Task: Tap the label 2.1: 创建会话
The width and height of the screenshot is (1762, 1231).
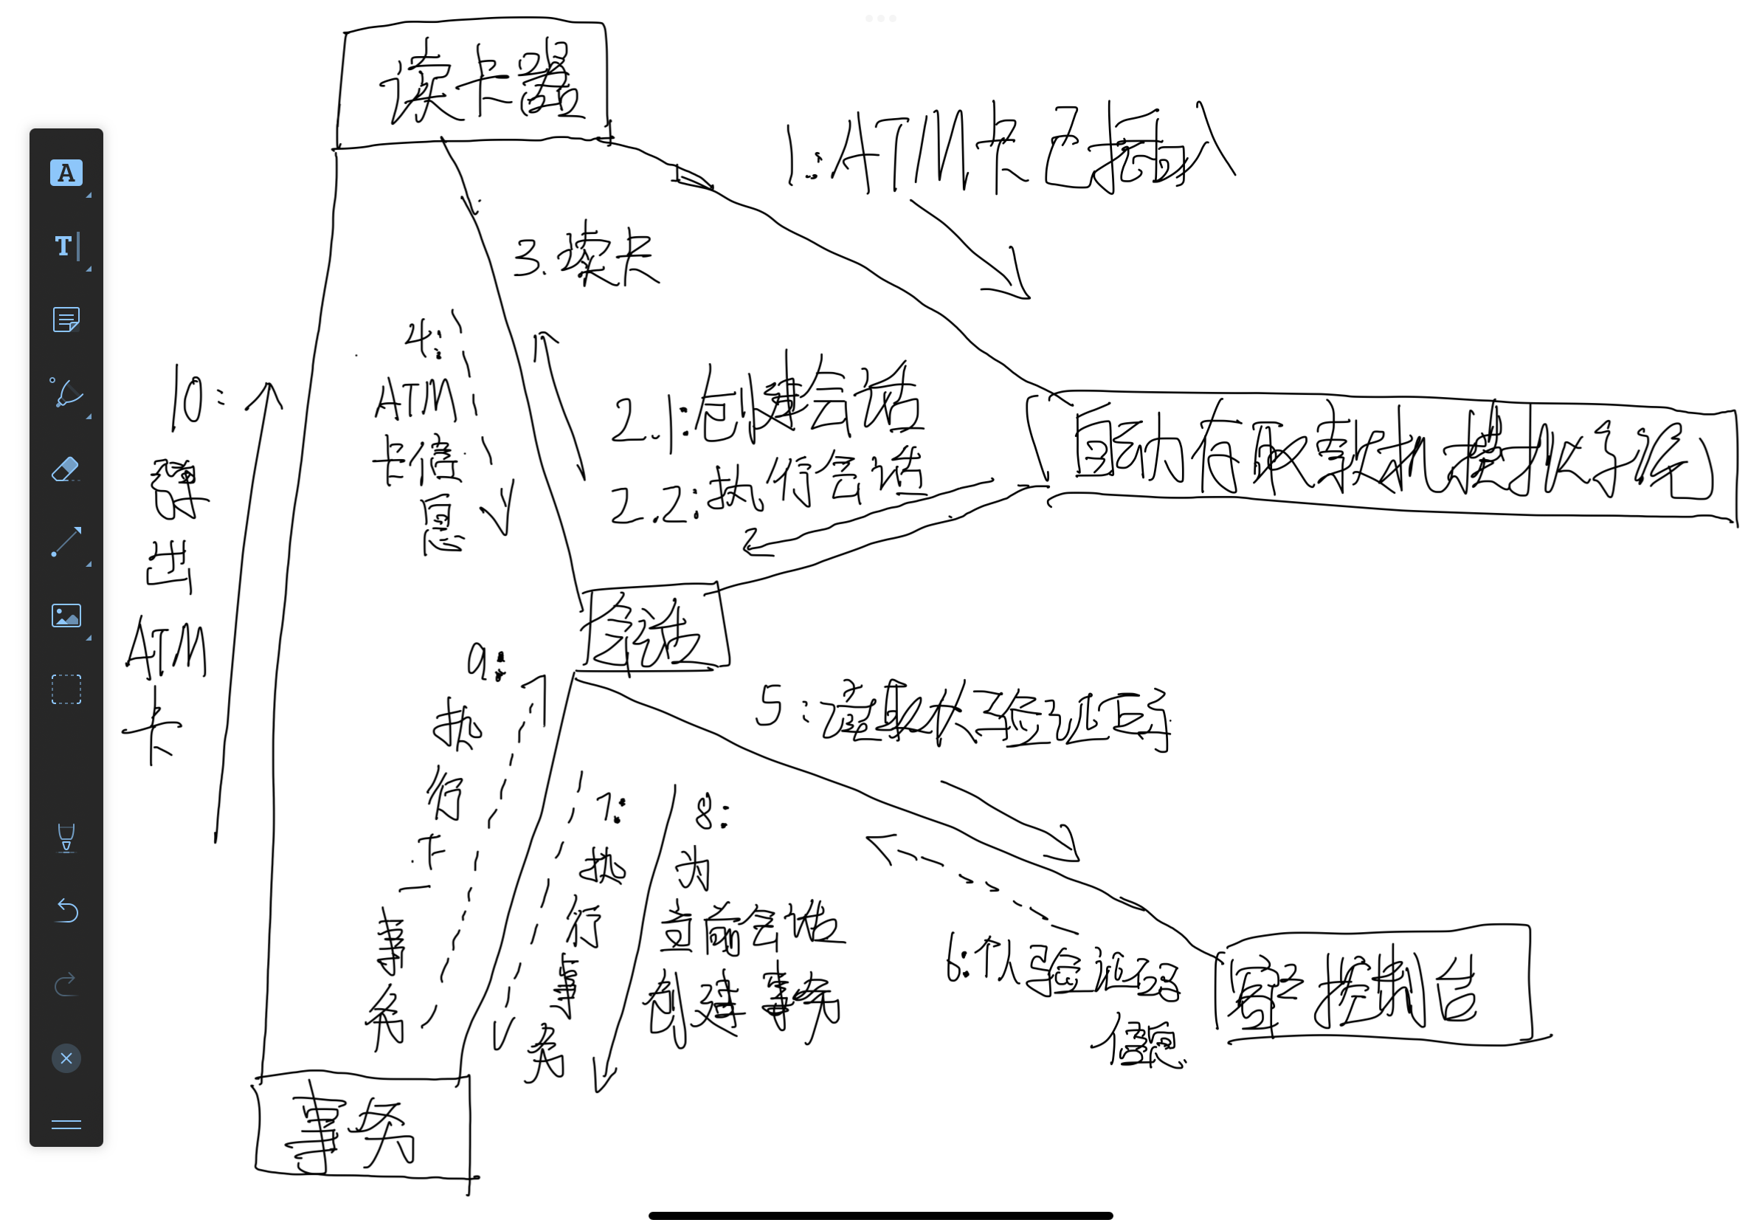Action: [x=767, y=407]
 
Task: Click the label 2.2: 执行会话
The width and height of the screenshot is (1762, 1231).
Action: [x=767, y=492]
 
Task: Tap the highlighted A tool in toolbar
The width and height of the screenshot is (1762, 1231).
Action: [x=66, y=173]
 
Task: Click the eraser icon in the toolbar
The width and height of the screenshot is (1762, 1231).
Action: [x=66, y=469]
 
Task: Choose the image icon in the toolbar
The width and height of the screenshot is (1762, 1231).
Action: [x=66, y=615]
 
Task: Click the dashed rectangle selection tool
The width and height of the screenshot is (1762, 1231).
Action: [x=66, y=689]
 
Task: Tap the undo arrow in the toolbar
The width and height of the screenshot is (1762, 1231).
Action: [x=66, y=911]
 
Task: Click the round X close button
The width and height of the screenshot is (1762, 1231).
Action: [x=66, y=1058]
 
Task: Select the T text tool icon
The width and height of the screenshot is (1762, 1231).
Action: [x=66, y=246]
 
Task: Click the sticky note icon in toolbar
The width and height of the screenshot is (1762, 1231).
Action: [x=66, y=320]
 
